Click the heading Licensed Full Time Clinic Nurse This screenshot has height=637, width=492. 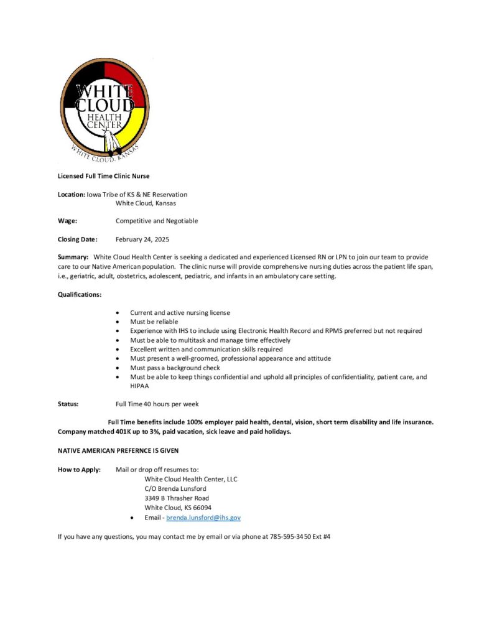pyautogui.click(x=103, y=176)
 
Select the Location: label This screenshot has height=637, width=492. pyautogui.click(x=72, y=195)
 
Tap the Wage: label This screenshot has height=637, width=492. pyautogui.click(x=68, y=221)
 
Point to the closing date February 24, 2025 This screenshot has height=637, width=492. pyautogui.click(x=142, y=239)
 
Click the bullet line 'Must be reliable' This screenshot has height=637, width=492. pyautogui.click(x=154, y=322)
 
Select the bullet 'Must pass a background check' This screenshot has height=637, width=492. pyautogui.click(x=175, y=368)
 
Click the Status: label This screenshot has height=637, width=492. pyautogui.click(x=68, y=404)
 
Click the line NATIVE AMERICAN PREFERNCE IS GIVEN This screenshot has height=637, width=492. pyautogui.click(x=118, y=450)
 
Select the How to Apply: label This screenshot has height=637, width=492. pyautogui.click(x=79, y=470)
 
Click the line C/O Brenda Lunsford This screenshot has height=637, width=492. pyautogui.click(x=175, y=488)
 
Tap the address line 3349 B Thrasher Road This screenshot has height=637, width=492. pyautogui.click(x=177, y=498)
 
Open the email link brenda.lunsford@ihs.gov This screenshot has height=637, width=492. pyautogui.click(x=203, y=518)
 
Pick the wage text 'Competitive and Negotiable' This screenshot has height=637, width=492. pyautogui.click(x=157, y=221)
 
